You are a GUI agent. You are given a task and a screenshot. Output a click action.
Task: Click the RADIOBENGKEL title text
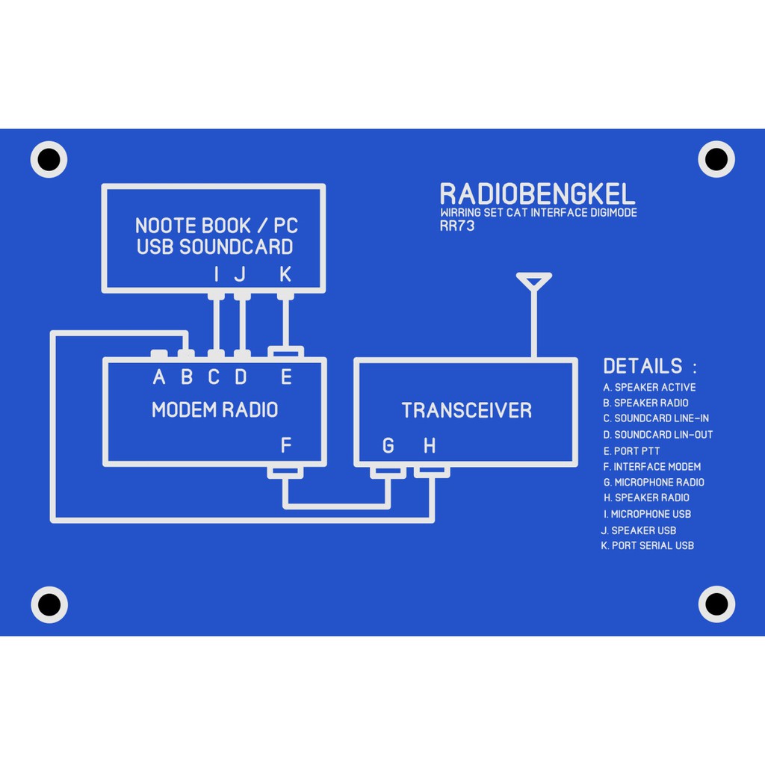(x=537, y=194)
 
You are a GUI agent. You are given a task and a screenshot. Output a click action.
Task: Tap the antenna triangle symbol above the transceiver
(x=533, y=281)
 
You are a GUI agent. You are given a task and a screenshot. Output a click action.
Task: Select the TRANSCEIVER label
(x=466, y=410)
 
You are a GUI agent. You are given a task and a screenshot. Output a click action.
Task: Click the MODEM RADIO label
(x=214, y=409)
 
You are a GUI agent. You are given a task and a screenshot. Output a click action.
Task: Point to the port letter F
(x=285, y=446)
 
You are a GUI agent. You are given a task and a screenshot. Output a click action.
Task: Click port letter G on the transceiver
(x=388, y=446)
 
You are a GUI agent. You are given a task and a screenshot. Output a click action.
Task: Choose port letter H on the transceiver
(x=429, y=446)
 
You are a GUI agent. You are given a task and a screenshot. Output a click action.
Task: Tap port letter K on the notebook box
(x=285, y=275)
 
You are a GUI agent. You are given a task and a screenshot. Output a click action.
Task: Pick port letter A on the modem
(x=158, y=377)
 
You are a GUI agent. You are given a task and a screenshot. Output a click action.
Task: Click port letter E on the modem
(x=285, y=377)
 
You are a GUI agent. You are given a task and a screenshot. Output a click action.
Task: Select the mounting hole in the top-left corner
(x=49, y=159)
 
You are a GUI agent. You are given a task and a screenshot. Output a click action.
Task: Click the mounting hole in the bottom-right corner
(x=716, y=604)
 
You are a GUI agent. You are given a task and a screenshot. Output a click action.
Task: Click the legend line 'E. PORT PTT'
(x=631, y=451)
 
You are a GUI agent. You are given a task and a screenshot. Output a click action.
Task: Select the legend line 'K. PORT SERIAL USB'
(x=647, y=545)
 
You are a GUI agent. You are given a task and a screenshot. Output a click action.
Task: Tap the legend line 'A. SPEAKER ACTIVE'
(x=649, y=387)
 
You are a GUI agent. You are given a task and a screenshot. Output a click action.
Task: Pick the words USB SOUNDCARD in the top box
(x=214, y=247)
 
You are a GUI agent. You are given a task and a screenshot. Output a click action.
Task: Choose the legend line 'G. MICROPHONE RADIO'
(x=654, y=483)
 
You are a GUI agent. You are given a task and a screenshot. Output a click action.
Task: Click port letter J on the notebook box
(x=240, y=275)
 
